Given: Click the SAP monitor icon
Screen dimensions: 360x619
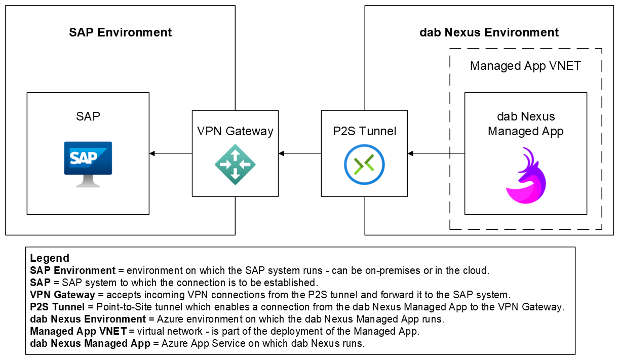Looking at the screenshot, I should click(88, 164).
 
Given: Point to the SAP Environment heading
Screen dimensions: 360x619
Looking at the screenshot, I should click(121, 33).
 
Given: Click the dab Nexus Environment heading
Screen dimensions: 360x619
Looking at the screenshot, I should click(489, 33).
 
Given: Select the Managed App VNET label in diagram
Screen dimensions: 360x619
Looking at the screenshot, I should click(525, 66).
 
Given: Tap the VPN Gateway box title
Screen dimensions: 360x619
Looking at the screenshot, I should click(235, 131).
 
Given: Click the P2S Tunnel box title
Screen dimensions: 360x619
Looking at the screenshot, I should click(364, 131).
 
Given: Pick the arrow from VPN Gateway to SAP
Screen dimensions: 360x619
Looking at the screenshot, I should click(171, 153).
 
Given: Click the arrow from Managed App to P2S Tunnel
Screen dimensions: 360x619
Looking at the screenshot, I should click(436, 153).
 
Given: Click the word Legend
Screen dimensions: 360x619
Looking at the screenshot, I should click(50, 258).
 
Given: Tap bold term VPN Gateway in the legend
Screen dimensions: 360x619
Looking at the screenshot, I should click(62, 295).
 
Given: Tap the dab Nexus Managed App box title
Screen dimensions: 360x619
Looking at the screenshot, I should click(525, 125).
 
